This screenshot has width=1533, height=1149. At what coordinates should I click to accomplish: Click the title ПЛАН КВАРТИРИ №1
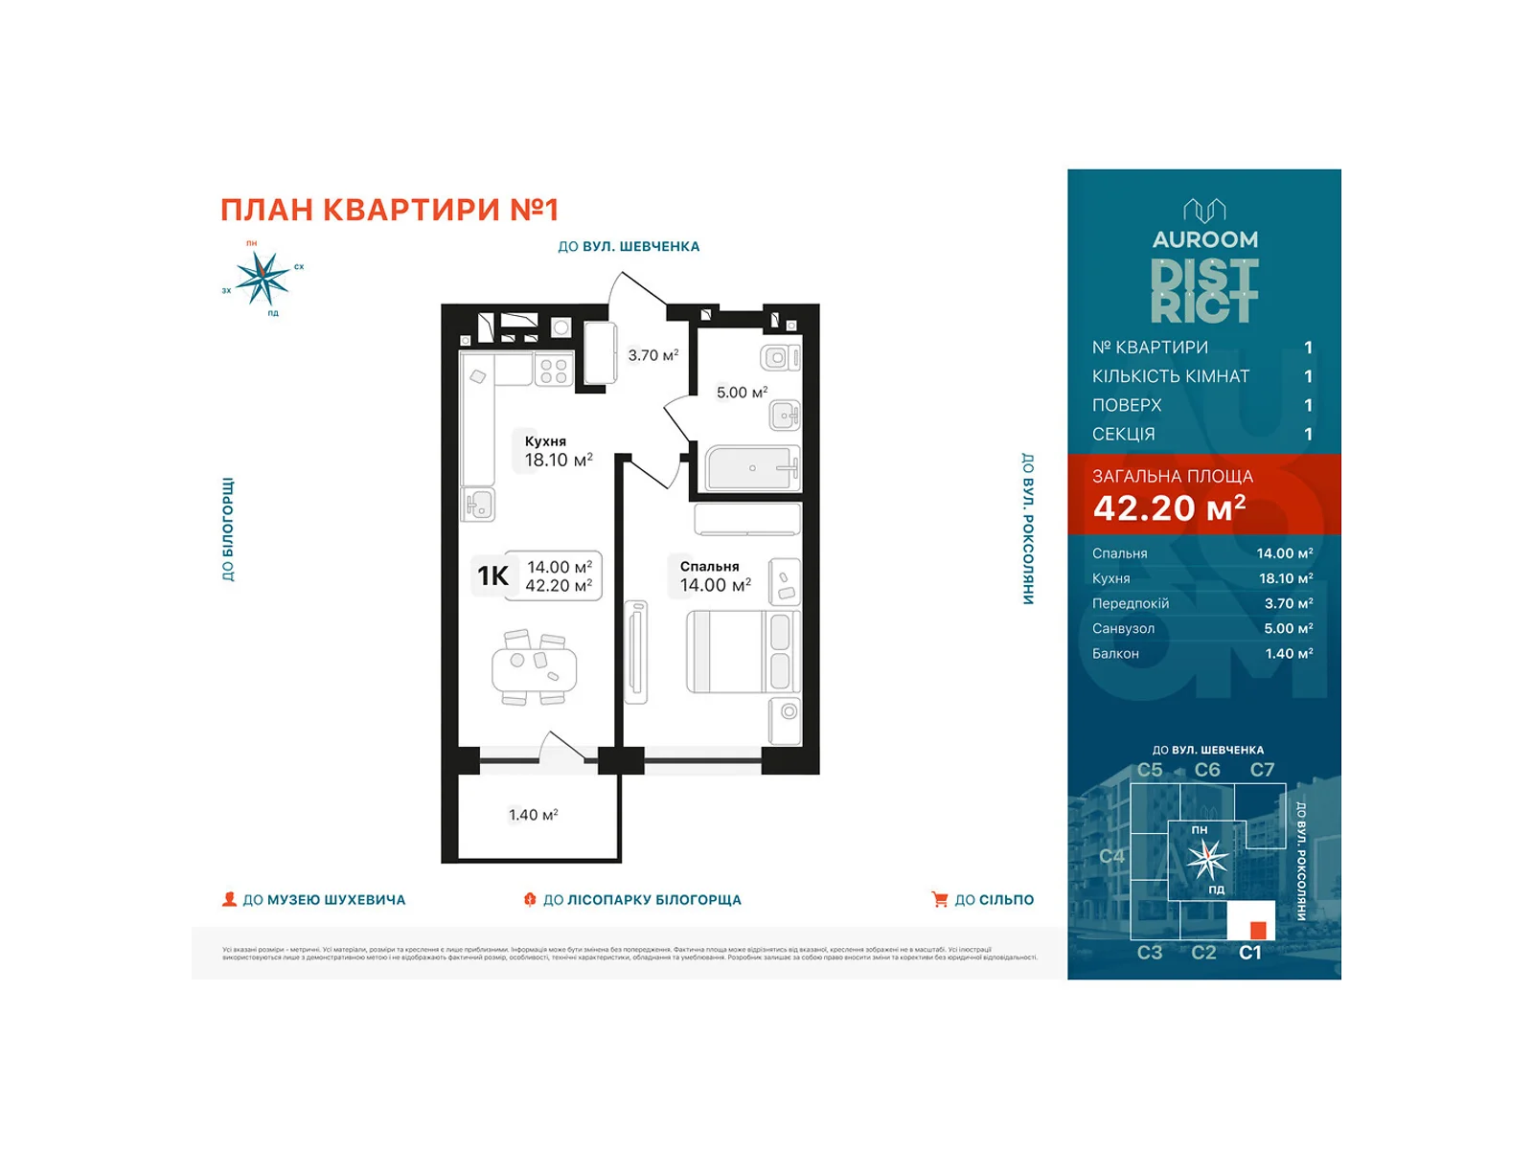[389, 210]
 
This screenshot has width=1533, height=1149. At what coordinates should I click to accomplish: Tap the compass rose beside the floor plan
[262, 279]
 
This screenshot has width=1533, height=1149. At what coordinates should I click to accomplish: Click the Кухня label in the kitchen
[545, 441]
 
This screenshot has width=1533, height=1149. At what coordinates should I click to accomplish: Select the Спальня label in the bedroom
[709, 567]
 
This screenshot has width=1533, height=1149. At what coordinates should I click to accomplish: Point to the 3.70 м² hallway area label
[652, 355]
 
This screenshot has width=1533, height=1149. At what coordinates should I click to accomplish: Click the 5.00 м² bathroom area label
[742, 393]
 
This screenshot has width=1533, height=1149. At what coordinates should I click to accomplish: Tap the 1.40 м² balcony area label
[533, 815]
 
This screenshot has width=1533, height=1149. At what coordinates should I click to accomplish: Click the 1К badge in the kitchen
[493, 575]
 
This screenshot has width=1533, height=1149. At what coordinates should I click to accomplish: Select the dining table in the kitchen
[535, 668]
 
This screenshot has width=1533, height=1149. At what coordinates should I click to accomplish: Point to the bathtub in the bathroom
[752, 468]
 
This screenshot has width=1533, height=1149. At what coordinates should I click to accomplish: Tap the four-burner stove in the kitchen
[553, 371]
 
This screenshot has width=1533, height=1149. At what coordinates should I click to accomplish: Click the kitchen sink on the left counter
[478, 504]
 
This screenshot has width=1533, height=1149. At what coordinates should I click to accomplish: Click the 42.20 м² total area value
[1169, 508]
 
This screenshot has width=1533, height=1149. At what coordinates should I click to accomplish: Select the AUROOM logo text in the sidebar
[1204, 239]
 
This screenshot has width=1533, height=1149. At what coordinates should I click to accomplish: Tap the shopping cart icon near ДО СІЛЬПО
[940, 900]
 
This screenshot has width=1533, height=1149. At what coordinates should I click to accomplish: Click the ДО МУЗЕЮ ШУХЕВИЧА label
[324, 900]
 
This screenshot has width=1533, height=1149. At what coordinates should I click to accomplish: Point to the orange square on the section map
[1258, 930]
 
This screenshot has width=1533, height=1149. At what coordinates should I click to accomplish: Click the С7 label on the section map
[1262, 770]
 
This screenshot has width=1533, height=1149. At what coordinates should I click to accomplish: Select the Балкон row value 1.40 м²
[1289, 654]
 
